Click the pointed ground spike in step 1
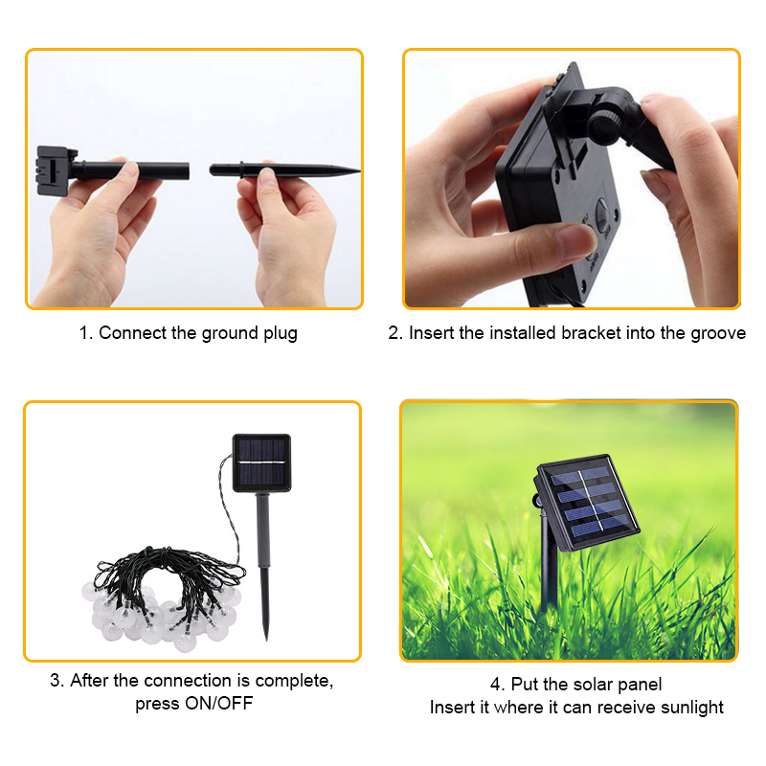pyautogui.click(x=284, y=170)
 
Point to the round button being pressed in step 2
pyautogui.click(x=604, y=216)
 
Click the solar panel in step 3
pyautogui.click(x=261, y=462)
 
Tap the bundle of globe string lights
pyautogui.click(x=163, y=599)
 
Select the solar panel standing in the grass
pyautogui.click(x=587, y=504)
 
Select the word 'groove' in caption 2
pyautogui.click(x=718, y=334)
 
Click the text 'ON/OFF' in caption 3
pyautogui.click(x=219, y=704)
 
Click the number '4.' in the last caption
pyautogui.click(x=498, y=685)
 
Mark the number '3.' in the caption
pyautogui.click(x=57, y=681)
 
